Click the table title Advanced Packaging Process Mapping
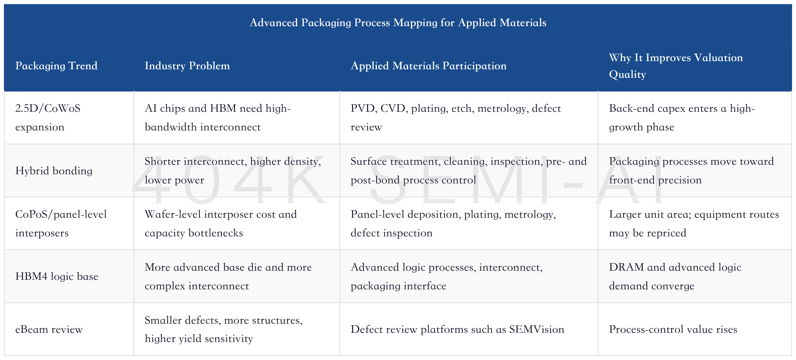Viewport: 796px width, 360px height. [x=398, y=23]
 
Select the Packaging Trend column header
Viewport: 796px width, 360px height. [x=56, y=66]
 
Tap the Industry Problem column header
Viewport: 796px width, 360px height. [x=187, y=66]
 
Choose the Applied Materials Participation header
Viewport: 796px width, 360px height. [x=429, y=66]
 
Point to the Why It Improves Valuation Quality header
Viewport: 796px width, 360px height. [x=676, y=66]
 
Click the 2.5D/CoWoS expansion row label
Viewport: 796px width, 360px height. [x=48, y=117]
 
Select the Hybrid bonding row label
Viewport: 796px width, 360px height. [x=54, y=171]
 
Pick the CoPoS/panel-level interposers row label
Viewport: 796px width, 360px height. [x=61, y=223]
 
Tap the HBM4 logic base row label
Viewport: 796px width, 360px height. [x=57, y=276]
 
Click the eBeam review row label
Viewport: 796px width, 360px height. [x=49, y=329]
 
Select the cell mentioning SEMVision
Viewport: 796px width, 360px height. [x=457, y=329]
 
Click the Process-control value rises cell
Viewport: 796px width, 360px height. [x=673, y=329]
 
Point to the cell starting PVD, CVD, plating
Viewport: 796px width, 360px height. [x=456, y=117]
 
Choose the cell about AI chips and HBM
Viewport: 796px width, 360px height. [x=218, y=117]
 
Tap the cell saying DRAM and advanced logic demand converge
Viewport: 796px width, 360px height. [x=675, y=276]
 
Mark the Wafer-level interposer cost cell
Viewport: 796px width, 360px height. [x=221, y=223]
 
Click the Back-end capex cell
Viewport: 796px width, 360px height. [x=682, y=117]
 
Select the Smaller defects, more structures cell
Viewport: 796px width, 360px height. [x=224, y=329]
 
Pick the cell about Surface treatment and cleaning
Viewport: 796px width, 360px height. [x=468, y=170]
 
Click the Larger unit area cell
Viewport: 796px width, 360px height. [x=694, y=223]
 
